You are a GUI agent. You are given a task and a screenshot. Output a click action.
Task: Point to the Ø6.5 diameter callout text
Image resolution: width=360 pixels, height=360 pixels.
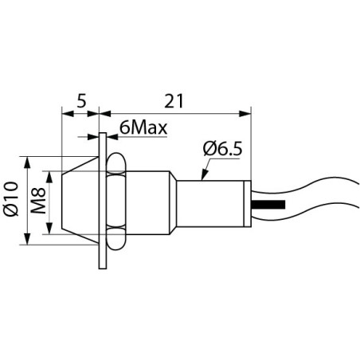[224, 148]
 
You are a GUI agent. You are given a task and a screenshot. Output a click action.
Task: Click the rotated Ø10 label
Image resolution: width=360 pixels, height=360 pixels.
[11, 200]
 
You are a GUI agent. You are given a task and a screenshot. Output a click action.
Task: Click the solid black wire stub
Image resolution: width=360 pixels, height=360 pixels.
[269, 205]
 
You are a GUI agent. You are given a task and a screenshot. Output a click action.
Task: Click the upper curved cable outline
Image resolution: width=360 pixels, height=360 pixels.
[311, 183]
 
